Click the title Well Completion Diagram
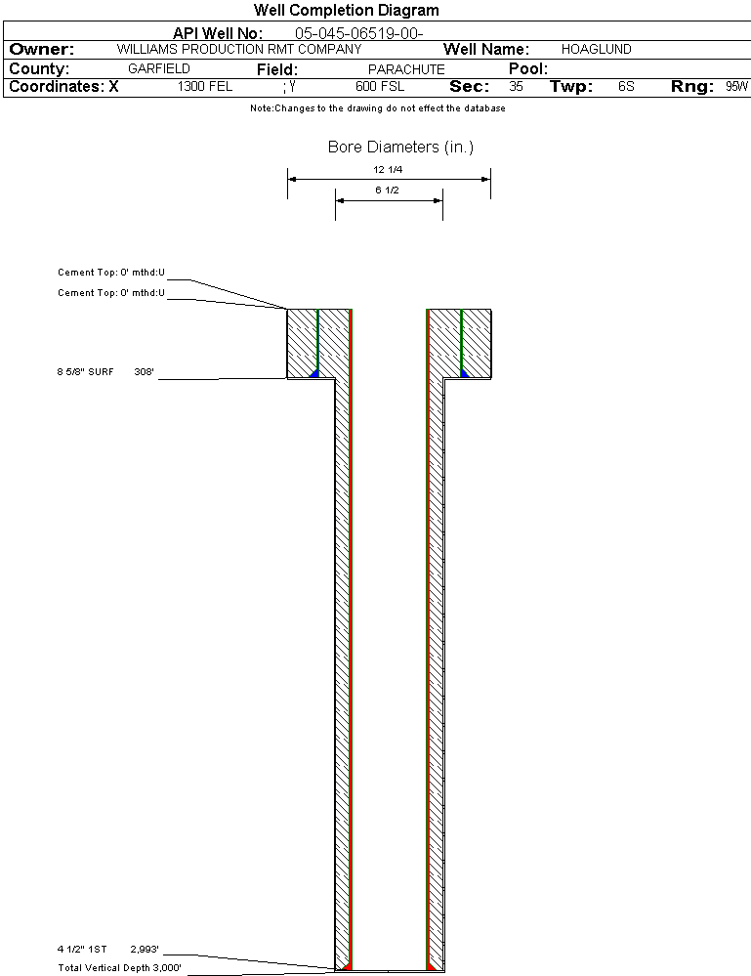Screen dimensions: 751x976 coord(347,10)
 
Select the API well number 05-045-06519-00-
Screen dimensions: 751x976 coord(359,33)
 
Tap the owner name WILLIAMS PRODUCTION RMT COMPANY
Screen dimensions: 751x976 coord(239,49)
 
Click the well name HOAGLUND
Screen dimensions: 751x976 coord(596,49)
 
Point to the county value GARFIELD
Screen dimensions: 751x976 coord(158,68)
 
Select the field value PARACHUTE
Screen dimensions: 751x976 coord(406,69)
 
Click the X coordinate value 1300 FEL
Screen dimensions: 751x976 coord(205,87)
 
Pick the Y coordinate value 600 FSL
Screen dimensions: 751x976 coord(380,87)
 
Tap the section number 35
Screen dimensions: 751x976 coord(516,87)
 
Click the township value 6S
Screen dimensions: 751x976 coord(626,87)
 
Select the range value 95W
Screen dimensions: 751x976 coord(736,87)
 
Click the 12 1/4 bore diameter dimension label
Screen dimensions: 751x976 coord(388,169)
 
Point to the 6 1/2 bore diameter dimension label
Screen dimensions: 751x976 coord(387,190)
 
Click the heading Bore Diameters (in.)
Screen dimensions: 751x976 coord(400,147)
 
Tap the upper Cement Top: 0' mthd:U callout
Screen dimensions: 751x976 coord(111,272)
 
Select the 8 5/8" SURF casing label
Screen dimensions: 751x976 coord(85,371)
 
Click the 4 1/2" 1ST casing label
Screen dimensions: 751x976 coord(82,950)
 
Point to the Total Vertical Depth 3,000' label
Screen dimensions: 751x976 coord(119,968)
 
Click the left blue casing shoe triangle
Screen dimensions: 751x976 coord(314,372)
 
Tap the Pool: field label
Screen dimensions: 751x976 coord(528,68)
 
